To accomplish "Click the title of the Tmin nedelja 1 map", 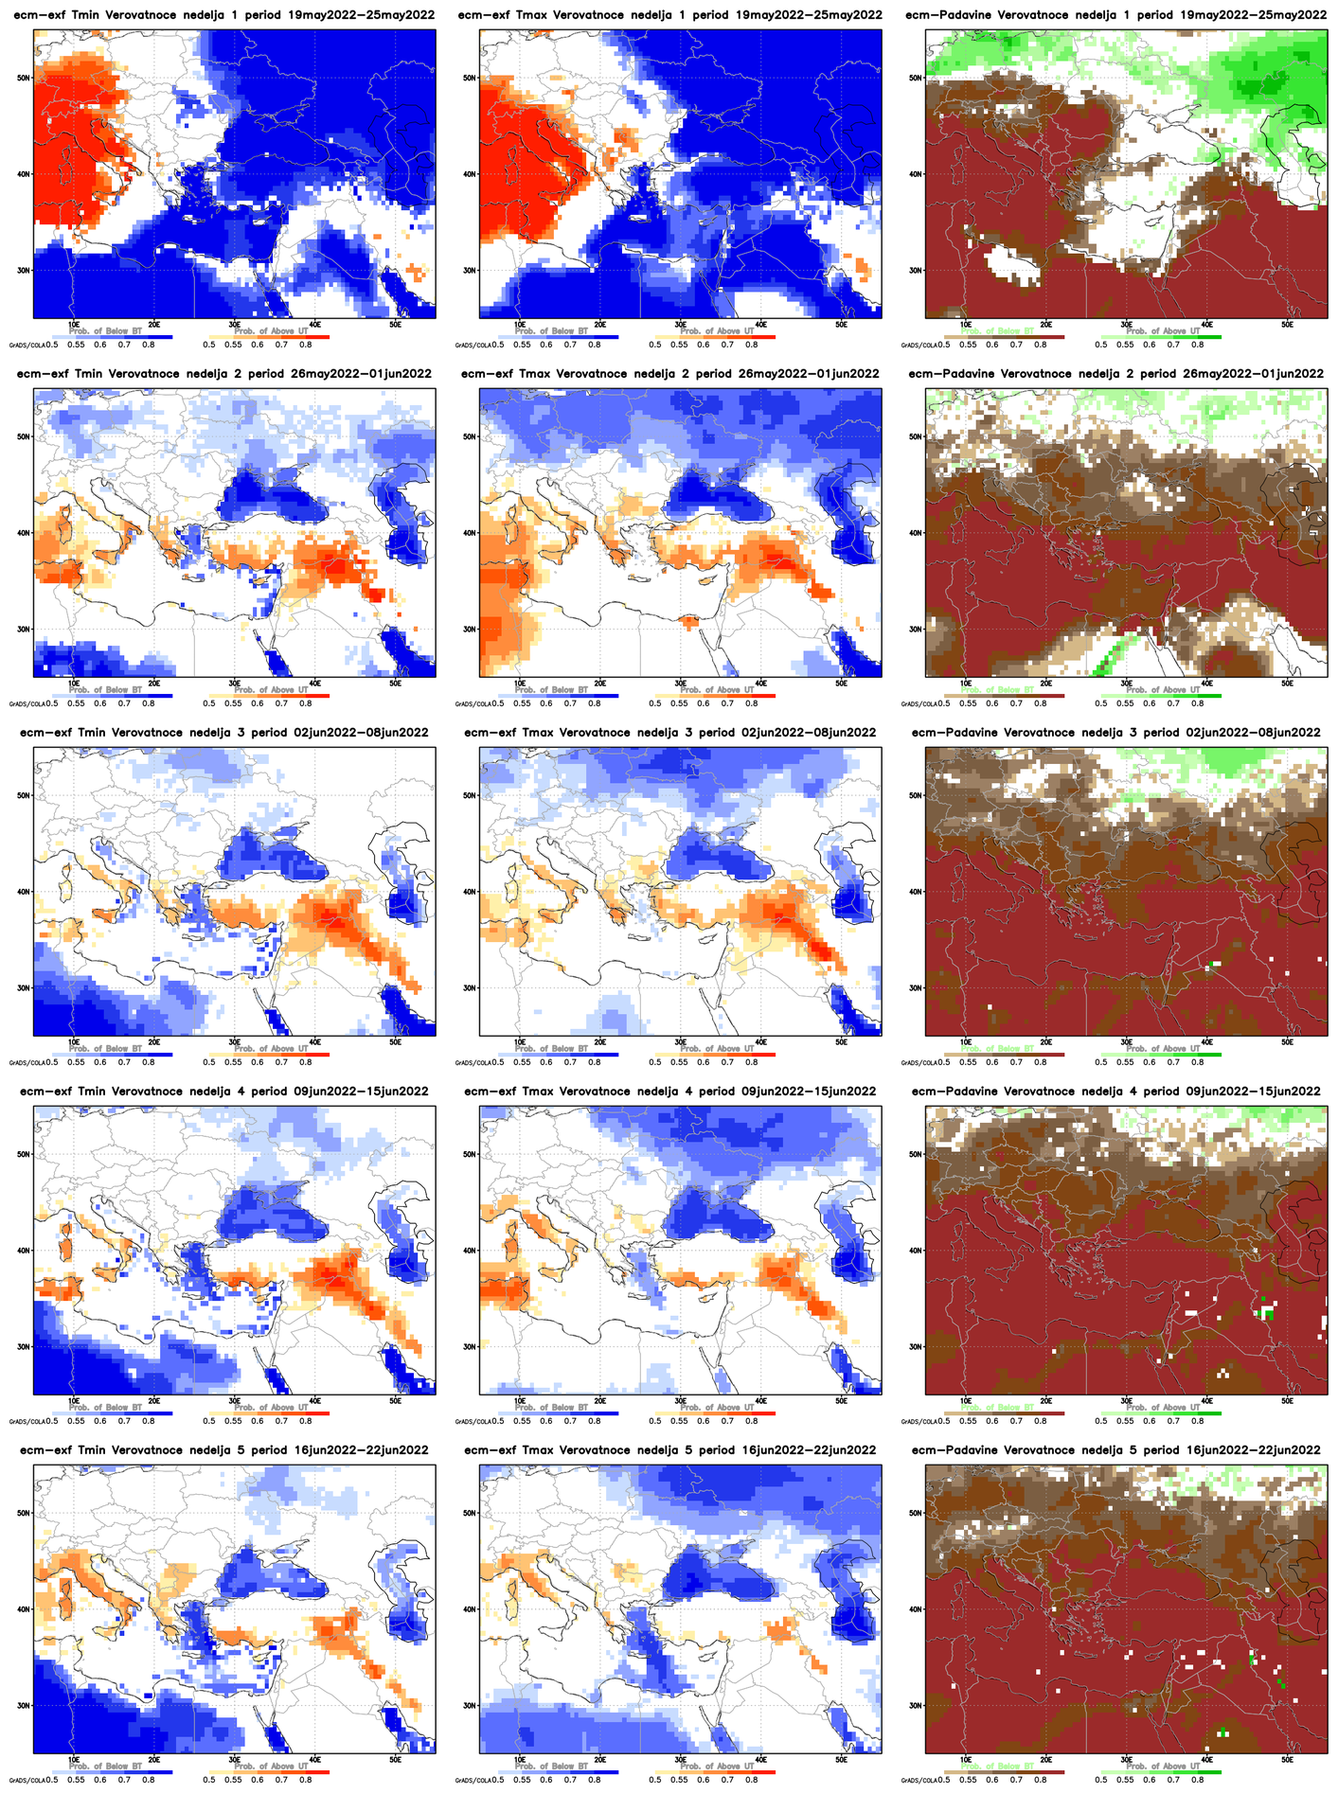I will tap(223, 15).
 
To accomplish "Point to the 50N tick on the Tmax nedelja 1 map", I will tap(468, 79).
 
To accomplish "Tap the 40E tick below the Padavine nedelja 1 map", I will tap(1206, 324).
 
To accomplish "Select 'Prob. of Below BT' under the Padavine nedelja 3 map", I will tap(997, 1048).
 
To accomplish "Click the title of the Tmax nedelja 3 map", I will tap(669, 733).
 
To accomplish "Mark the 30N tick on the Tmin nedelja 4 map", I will tap(22, 1346).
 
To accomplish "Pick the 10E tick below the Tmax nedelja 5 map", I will tap(519, 1758).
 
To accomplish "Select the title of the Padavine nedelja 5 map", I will tap(1115, 1450).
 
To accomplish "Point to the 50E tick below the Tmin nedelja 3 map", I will tap(395, 1041).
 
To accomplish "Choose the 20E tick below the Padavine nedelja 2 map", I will tap(1045, 683).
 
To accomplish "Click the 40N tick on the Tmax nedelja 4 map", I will tap(468, 1251).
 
